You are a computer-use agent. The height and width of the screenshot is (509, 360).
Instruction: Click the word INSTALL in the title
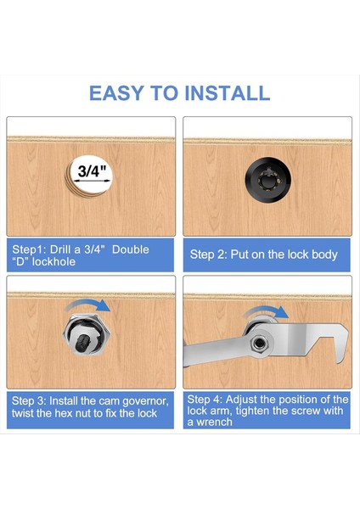coord(227,93)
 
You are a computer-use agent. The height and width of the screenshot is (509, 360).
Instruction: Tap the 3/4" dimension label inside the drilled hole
coord(93,171)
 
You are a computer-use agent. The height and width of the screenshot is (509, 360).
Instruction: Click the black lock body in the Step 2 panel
coord(268,180)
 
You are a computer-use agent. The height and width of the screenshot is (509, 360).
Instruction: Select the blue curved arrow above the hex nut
coord(88,305)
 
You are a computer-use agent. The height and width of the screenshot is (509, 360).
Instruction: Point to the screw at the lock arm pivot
coord(260,342)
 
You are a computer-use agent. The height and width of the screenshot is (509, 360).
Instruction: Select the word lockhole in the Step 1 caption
coord(53,261)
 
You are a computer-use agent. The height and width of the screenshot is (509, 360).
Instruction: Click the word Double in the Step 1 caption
coord(131,249)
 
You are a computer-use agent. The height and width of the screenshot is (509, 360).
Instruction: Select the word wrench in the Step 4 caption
coord(214,422)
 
